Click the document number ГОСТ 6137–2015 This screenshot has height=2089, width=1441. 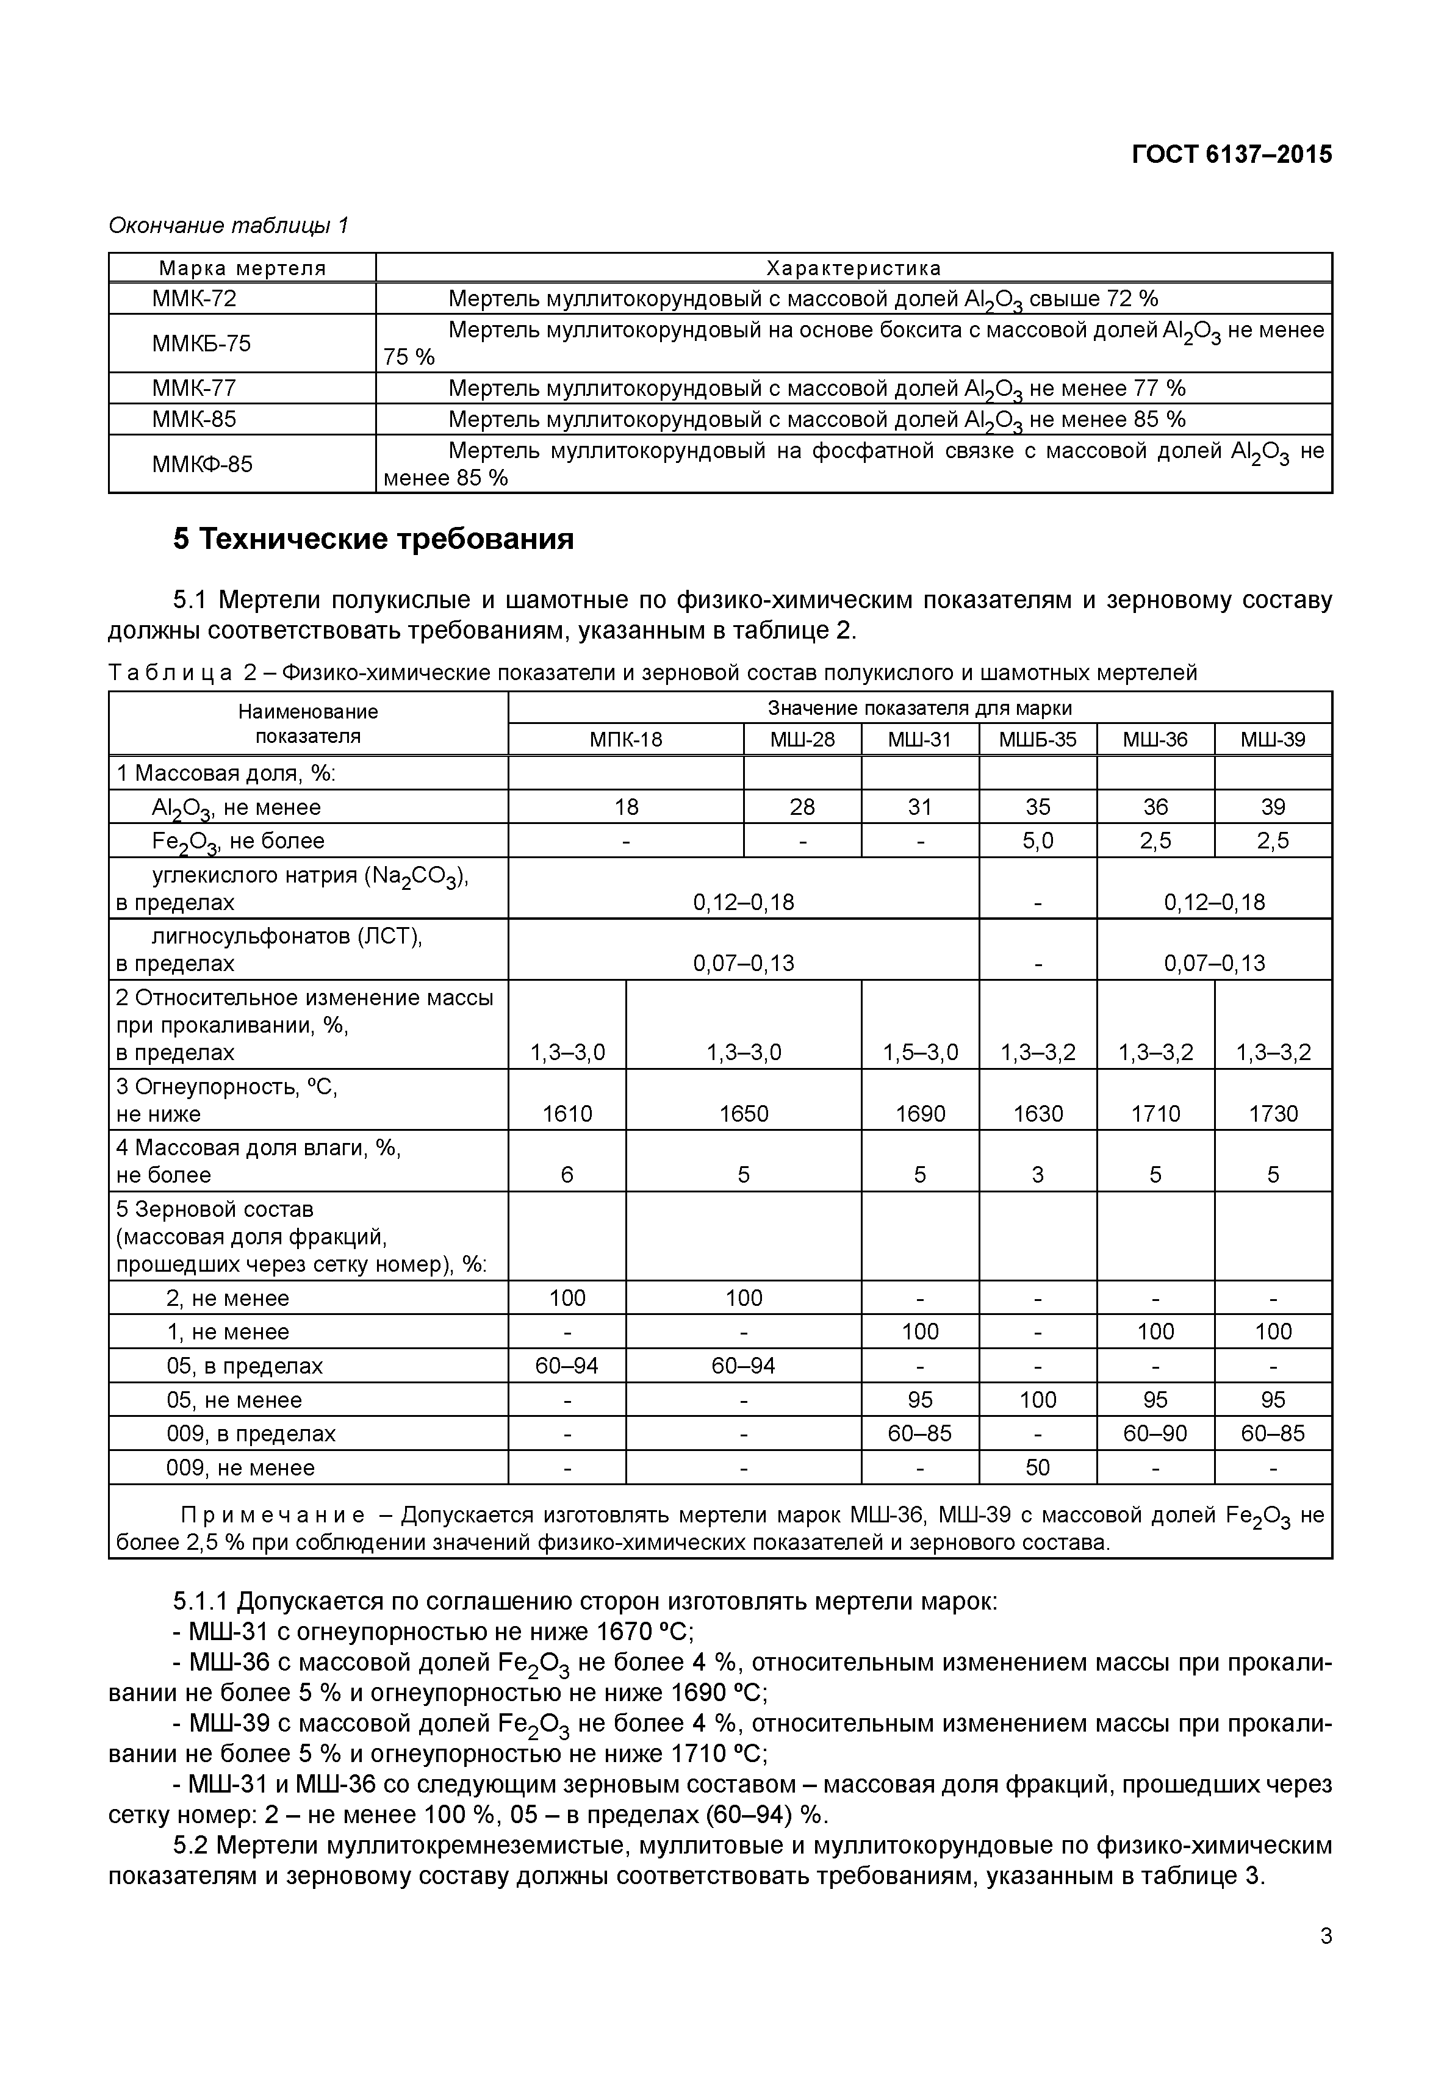[x=1232, y=154]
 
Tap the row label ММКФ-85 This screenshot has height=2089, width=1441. [x=203, y=464]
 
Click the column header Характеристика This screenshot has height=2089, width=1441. [x=853, y=268]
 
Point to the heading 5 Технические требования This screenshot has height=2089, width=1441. [x=373, y=539]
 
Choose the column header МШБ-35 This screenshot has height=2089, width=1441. [x=1037, y=739]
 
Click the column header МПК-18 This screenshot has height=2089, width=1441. [x=626, y=739]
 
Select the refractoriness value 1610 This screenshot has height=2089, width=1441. [x=567, y=1113]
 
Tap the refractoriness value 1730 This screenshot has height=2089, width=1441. [x=1273, y=1113]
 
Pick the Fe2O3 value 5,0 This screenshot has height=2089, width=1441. [x=1037, y=840]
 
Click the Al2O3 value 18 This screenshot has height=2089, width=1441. [x=626, y=806]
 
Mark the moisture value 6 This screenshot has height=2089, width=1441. [x=567, y=1175]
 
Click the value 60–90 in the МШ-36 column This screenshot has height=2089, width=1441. [x=1155, y=1433]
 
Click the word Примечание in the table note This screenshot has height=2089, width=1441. [x=273, y=1515]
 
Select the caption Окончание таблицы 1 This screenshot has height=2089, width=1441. [x=228, y=225]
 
